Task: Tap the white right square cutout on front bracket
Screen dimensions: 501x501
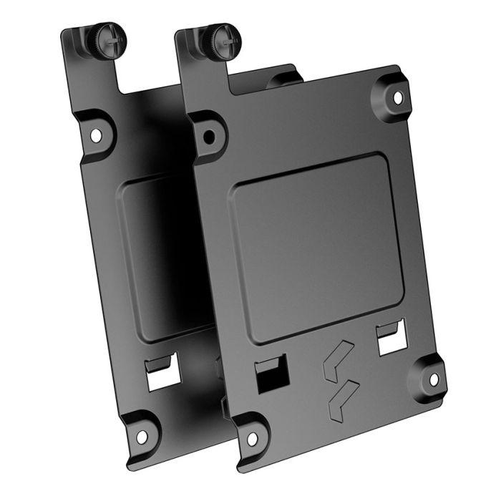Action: (391, 343)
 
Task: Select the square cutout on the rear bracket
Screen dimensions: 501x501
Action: (160, 379)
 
